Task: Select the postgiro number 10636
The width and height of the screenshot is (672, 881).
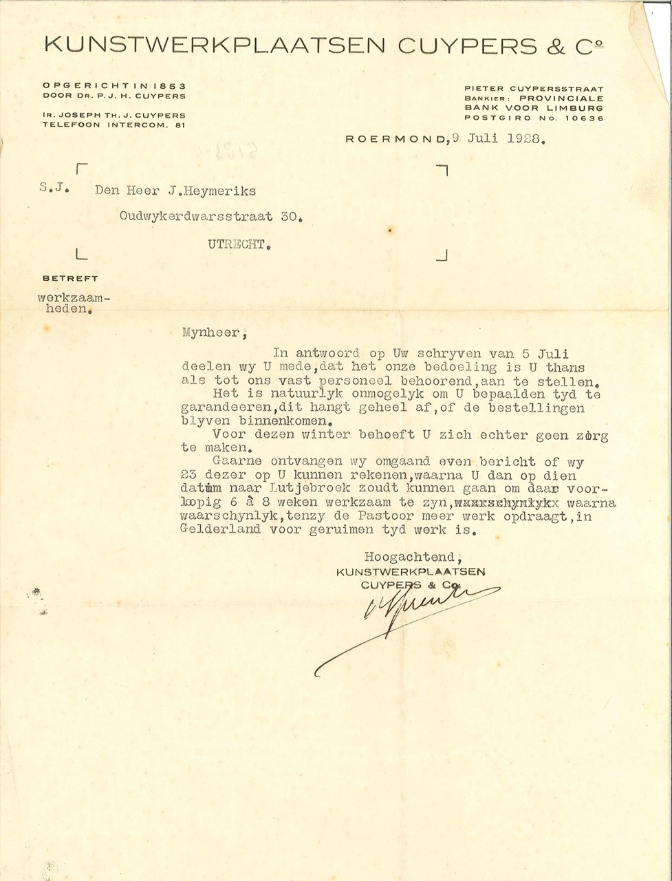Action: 584,118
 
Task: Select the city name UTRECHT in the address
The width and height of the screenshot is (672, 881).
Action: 236,244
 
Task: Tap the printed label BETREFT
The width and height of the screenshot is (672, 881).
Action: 70,278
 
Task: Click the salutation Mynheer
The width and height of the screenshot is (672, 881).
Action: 211,332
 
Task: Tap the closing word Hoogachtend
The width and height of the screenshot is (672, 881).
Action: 409,557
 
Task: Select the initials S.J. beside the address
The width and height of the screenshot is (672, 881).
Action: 54,187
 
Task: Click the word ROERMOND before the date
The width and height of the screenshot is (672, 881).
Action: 396,138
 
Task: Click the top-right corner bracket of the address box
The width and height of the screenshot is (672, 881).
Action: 442,170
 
